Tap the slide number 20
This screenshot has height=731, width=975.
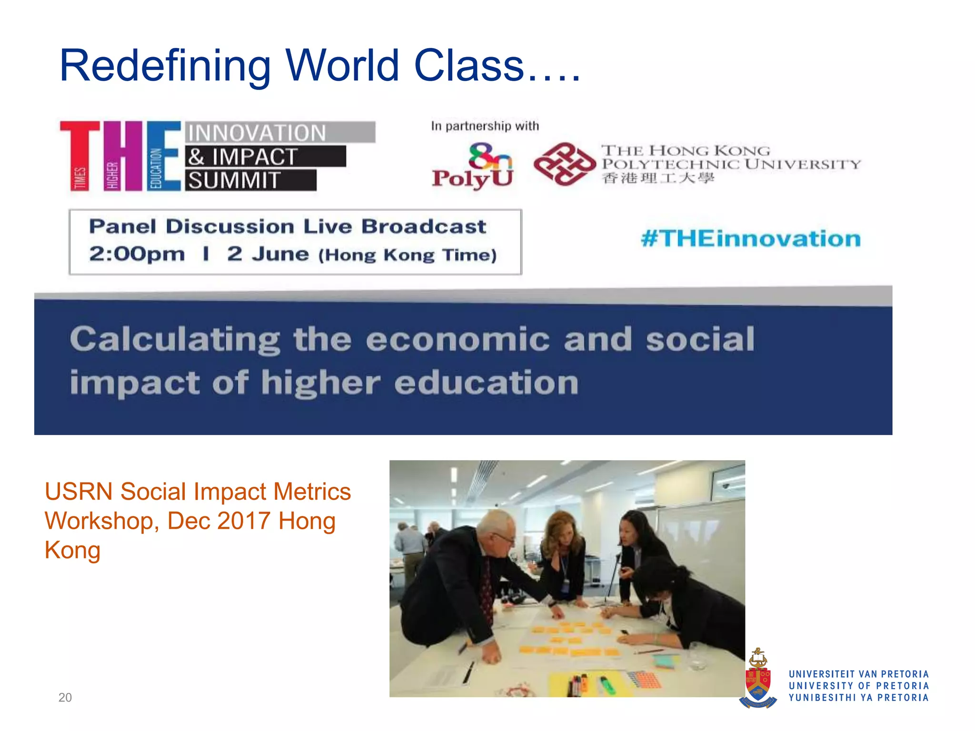point(65,698)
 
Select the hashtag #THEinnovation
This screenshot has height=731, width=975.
point(751,238)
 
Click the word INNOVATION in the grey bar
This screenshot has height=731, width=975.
point(257,133)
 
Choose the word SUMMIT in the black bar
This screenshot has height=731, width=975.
point(234,181)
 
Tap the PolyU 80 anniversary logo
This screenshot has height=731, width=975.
point(473,166)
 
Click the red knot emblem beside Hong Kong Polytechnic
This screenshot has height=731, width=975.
point(564,164)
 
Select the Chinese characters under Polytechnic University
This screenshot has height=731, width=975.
point(658,178)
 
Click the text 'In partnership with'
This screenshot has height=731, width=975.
point(485,126)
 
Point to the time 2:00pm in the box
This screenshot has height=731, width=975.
point(137,254)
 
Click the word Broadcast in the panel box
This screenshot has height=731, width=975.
point(424,227)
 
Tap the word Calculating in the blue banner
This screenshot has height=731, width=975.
point(175,340)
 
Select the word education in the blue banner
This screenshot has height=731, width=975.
point(486,383)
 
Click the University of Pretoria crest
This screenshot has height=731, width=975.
point(758,678)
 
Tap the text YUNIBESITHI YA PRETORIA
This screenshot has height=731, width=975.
point(858,698)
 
